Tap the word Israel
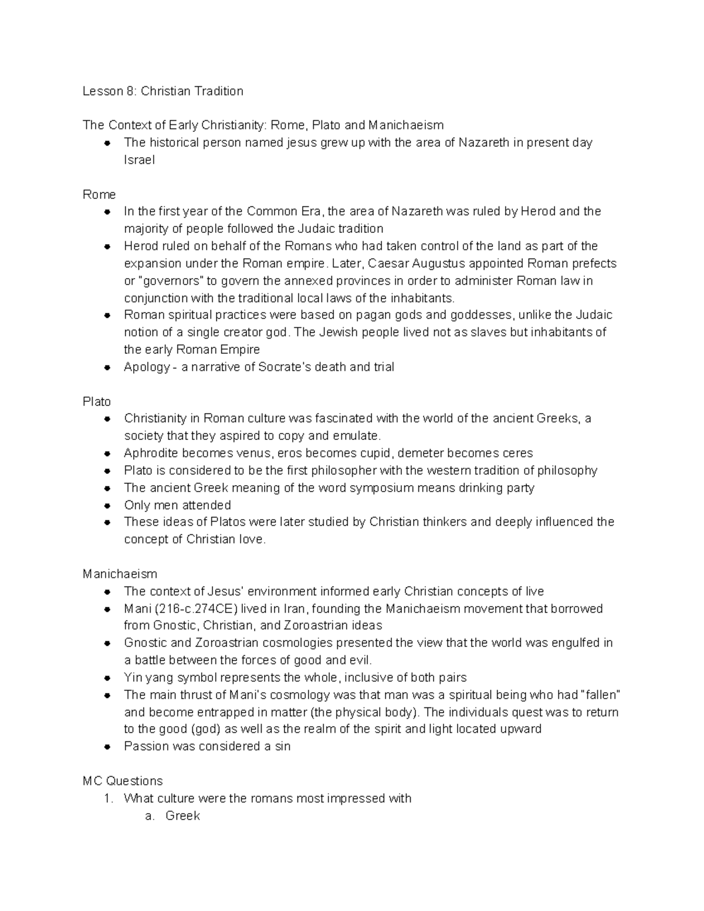pyautogui.click(x=139, y=160)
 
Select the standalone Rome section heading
pyautogui.click(x=99, y=194)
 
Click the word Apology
pyautogui.click(x=147, y=367)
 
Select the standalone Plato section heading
pyautogui.click(x=97, y=402)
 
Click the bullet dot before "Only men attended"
pyautogui.click(x=107, y=506)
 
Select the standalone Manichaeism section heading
pyautogui.click(x=120, y=574)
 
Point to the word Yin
pyautogui.click(x=133, y=678)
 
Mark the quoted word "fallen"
pyautogui.click(x=600, y=695)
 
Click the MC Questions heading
pyautogui.click(x=123, y=781)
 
